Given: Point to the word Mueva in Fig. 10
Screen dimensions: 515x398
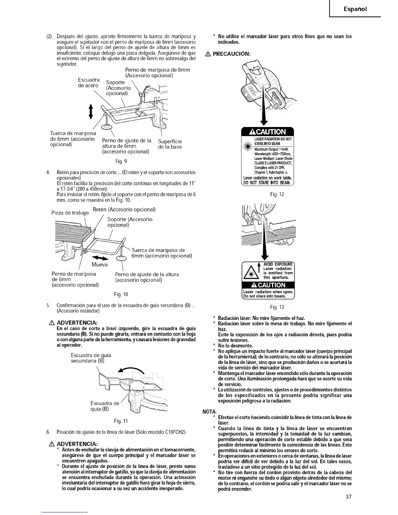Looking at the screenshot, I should [x=99, y=265].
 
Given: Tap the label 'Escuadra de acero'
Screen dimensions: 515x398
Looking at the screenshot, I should [x=88, y=83].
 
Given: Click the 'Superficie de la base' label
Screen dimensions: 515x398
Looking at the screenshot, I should [x=170, y=144].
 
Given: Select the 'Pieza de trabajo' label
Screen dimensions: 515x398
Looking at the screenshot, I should [x=70, y=213].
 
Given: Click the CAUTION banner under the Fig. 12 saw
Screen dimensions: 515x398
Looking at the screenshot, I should [x=268, y=132].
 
